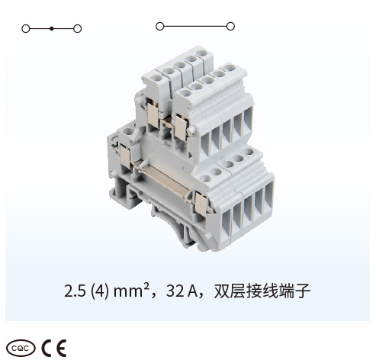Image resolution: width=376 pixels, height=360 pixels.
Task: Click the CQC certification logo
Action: pyautogui.click(x=21, y=349)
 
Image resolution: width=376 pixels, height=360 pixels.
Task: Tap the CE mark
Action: pyautogui.click(x=54, y=348)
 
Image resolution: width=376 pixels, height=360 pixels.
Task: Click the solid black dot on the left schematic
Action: pyautogui.click(x=52, y=29)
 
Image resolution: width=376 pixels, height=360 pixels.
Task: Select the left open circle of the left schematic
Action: pyautogui.click(x=26, y=29)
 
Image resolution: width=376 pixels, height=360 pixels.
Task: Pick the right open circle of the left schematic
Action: pyautogui.click(x=77, y=29)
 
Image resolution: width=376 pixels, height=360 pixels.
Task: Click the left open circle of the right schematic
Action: pyautogui.click(x=159, y=26)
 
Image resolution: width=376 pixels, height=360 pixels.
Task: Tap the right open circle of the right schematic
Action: pyautogui.click(x=230, y=26)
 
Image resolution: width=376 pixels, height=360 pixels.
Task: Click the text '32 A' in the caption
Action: pyautogui.click(x=182, y=291)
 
